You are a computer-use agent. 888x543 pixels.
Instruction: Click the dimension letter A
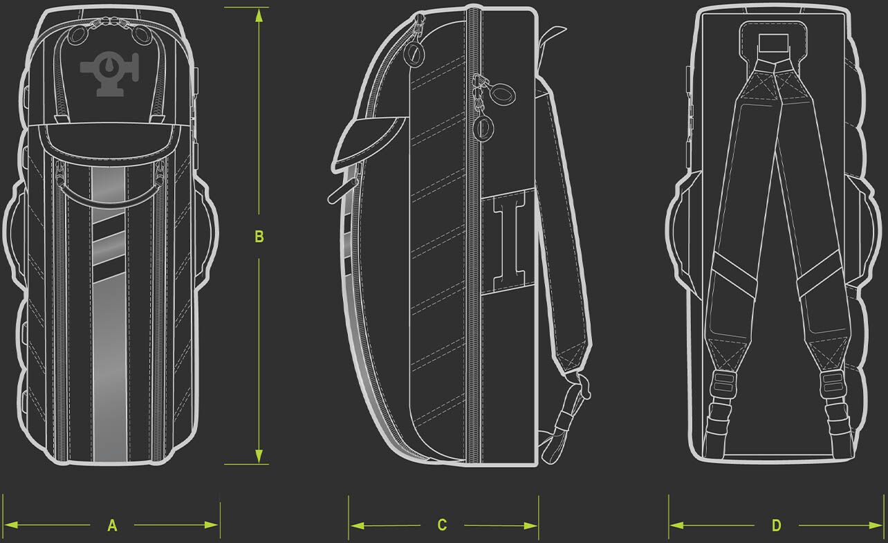point(112,526)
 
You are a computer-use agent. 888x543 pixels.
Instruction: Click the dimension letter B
point(259,237)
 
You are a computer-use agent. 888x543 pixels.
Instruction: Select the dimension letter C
point(442,525)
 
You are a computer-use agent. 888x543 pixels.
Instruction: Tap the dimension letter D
point(776,526)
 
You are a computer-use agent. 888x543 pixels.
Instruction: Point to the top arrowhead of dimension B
point(259,15)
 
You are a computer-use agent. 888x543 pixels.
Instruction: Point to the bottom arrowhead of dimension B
point(259,456)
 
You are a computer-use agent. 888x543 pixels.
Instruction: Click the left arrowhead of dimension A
point(11,525)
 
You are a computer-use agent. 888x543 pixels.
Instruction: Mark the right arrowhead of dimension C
point(530,526)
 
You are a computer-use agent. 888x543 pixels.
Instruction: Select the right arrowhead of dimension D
point(876,526)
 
